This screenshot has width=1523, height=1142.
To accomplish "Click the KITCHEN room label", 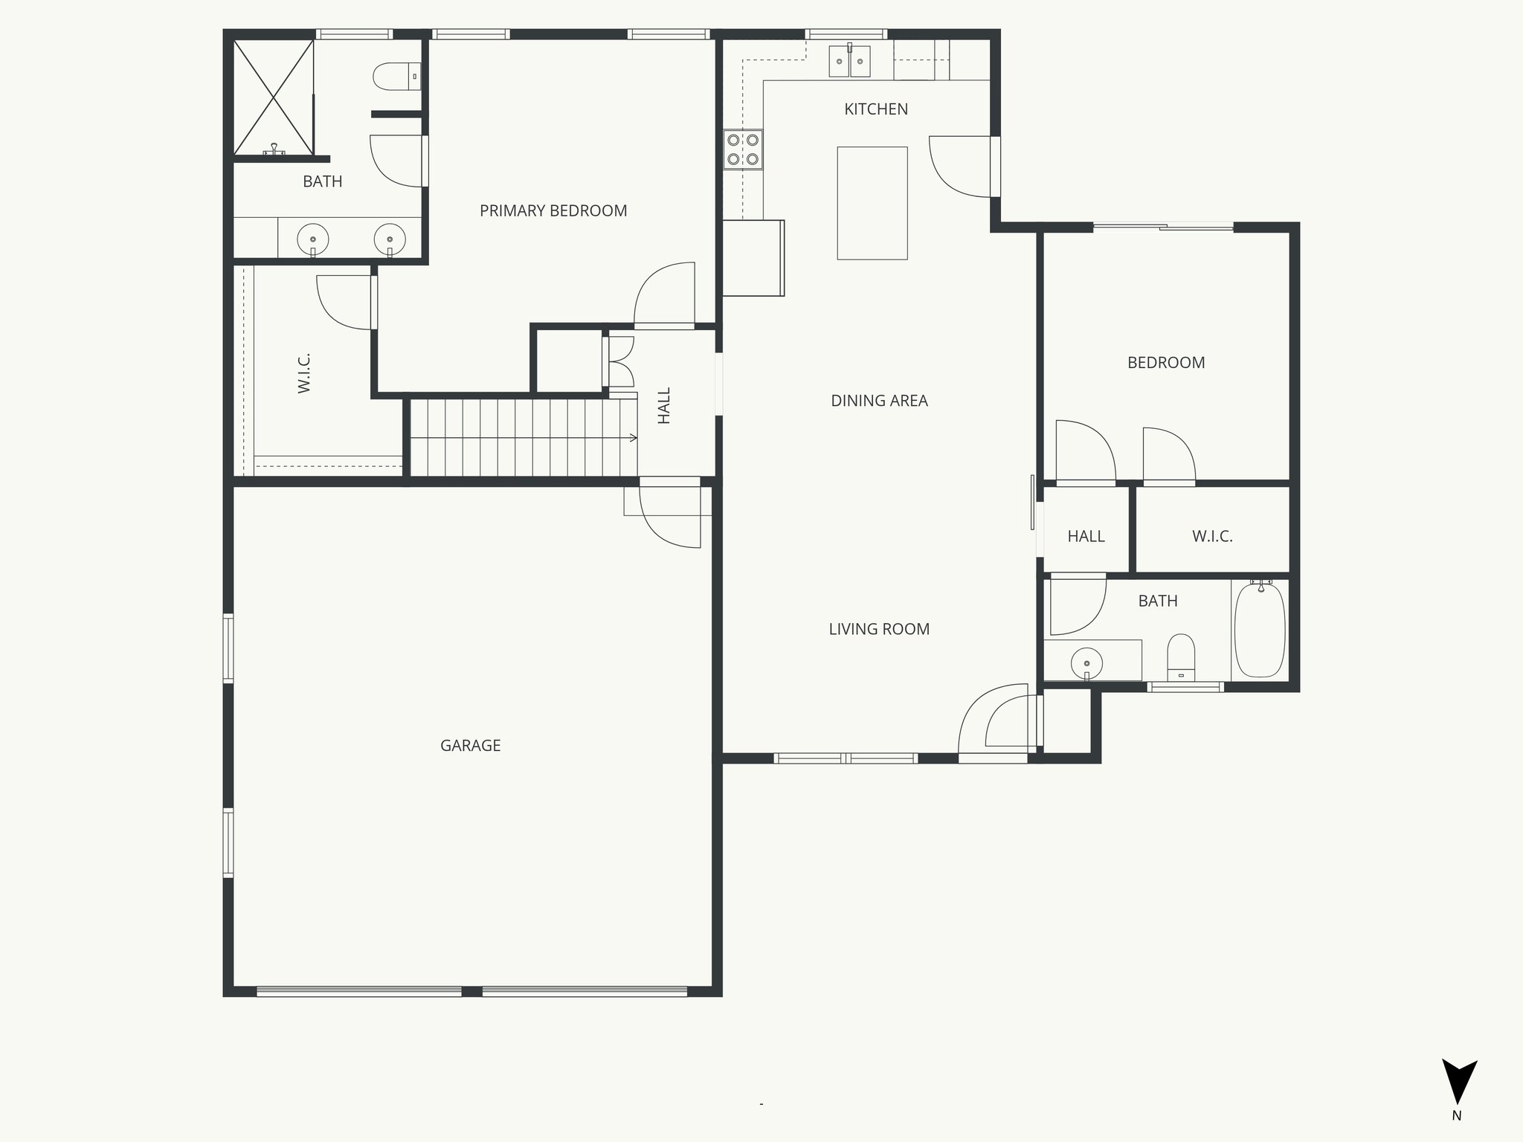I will coord(875,109).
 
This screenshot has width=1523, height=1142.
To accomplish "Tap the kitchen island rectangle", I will coord(872,203).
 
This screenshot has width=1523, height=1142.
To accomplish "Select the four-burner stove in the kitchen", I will coord(743,149).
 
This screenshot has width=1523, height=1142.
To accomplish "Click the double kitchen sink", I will coord(850,60).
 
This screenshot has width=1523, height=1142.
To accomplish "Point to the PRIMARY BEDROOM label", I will coord(553,211).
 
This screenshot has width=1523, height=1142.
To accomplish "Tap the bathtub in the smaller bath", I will coord(1259,630).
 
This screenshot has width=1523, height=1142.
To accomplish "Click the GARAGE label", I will coord(470,746).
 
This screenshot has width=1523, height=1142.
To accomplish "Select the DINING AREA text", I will coord(879,401).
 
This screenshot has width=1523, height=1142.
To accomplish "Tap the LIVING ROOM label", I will coord(879,629).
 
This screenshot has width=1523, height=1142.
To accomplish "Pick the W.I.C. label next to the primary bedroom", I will coord(303,373).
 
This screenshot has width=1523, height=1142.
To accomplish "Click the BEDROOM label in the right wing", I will coord(1165,363).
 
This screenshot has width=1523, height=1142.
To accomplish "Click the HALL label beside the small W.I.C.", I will coord(1086,536).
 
